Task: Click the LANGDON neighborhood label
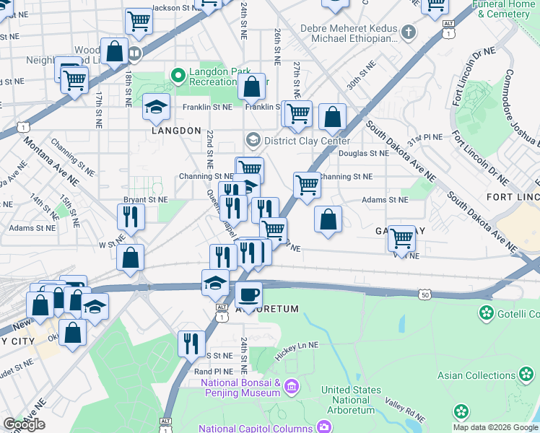[x=176, y=131]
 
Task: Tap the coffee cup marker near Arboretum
[x=248, y=294]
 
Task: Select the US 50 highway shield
[x=425, y=294]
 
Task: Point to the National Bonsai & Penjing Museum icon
[x=291, y=387]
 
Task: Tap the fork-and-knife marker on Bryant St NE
[x=131, y=215]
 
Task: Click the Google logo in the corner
[x=24, y=424]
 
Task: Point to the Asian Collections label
[x=476, y=375]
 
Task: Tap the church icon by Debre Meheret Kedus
[x=409, y=32]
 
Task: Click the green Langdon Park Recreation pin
[x=177, y=74]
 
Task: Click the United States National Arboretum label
[x=352, y=400]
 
